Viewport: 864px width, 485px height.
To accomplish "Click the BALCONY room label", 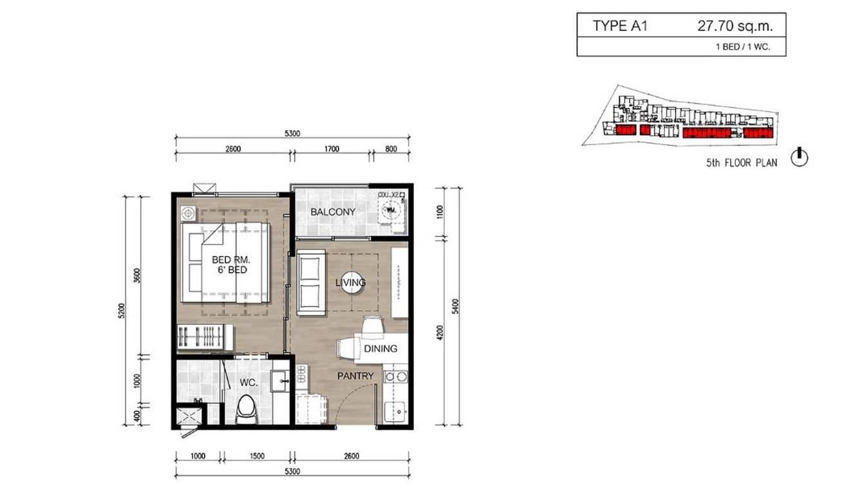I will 333,212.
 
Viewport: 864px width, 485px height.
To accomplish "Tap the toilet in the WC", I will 246,410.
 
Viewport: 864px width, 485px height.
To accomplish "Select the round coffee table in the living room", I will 351,282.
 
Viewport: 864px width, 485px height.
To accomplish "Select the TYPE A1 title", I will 620,26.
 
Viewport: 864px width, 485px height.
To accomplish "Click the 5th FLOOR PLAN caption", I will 741,163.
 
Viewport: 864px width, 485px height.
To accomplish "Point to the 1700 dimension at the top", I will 332,149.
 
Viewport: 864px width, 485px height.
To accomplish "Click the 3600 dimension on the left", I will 137,275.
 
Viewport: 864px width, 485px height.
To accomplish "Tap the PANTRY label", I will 355,376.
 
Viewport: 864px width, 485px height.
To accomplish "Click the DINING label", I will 380,349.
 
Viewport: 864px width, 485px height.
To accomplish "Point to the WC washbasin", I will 281,381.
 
